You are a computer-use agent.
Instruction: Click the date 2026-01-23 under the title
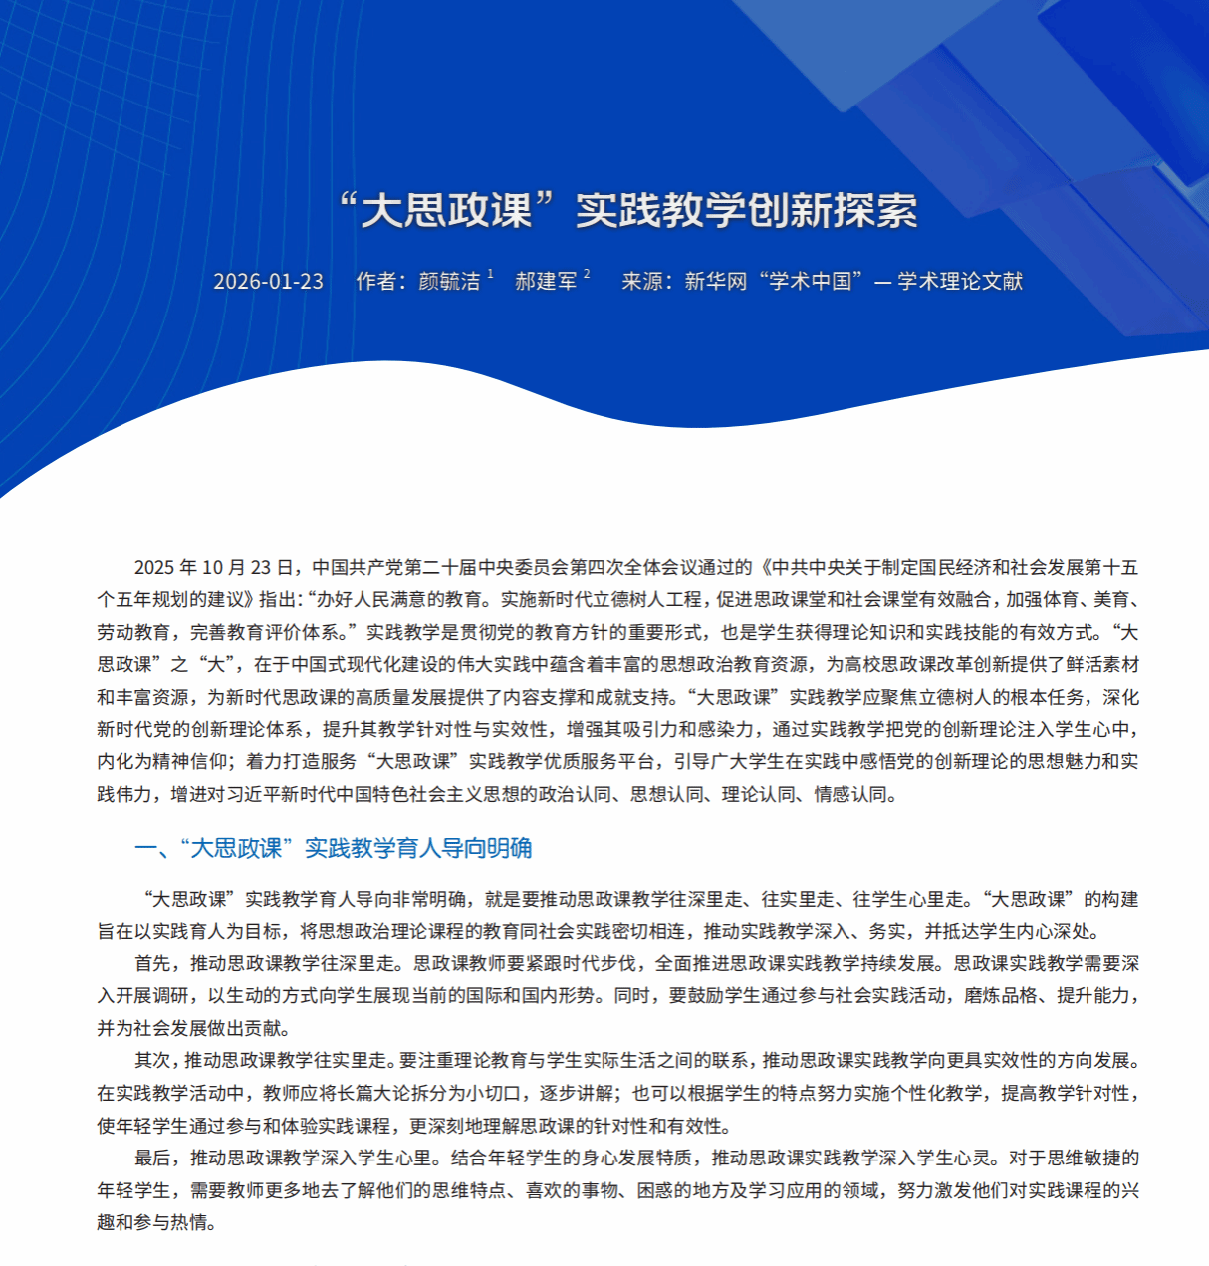(268, 281)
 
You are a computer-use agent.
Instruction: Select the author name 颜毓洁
(449, 282)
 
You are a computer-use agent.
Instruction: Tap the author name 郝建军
(546, 282)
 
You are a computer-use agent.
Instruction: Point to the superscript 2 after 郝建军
(587, 274)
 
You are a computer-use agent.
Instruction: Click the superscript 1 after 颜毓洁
(490, 274)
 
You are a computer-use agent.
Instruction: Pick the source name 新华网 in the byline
(715, 282)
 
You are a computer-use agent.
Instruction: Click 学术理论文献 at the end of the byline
(960, 282)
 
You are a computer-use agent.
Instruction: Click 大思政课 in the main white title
(445, 209)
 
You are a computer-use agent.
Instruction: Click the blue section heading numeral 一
(145, 848)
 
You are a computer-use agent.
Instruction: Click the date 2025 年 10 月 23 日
(214, 567)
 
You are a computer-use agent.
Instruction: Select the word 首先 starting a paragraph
(153, 963)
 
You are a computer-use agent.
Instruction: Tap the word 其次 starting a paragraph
(153, 1060)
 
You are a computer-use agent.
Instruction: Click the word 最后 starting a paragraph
(153, 1158)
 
